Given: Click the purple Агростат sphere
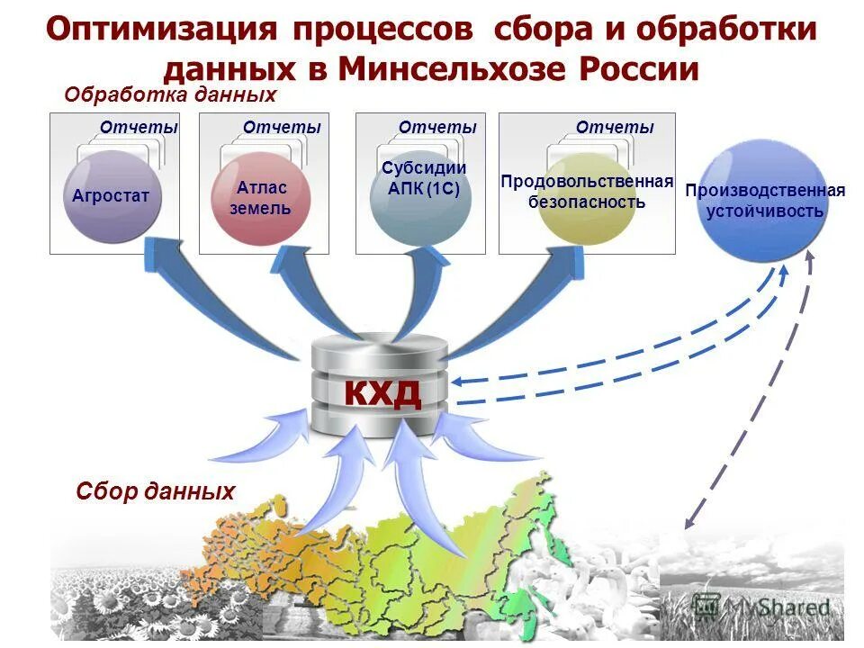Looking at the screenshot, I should pos(111,196).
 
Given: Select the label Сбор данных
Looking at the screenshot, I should pos(155,491).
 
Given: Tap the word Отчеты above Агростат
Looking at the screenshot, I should pos(139,128).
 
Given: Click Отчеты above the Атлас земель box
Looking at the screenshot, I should pos(281,128).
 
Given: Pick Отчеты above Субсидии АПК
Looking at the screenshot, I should pos(437,128).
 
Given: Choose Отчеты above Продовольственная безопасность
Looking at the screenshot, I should pos(615,128).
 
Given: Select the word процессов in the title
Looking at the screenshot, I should pos(384,29).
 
